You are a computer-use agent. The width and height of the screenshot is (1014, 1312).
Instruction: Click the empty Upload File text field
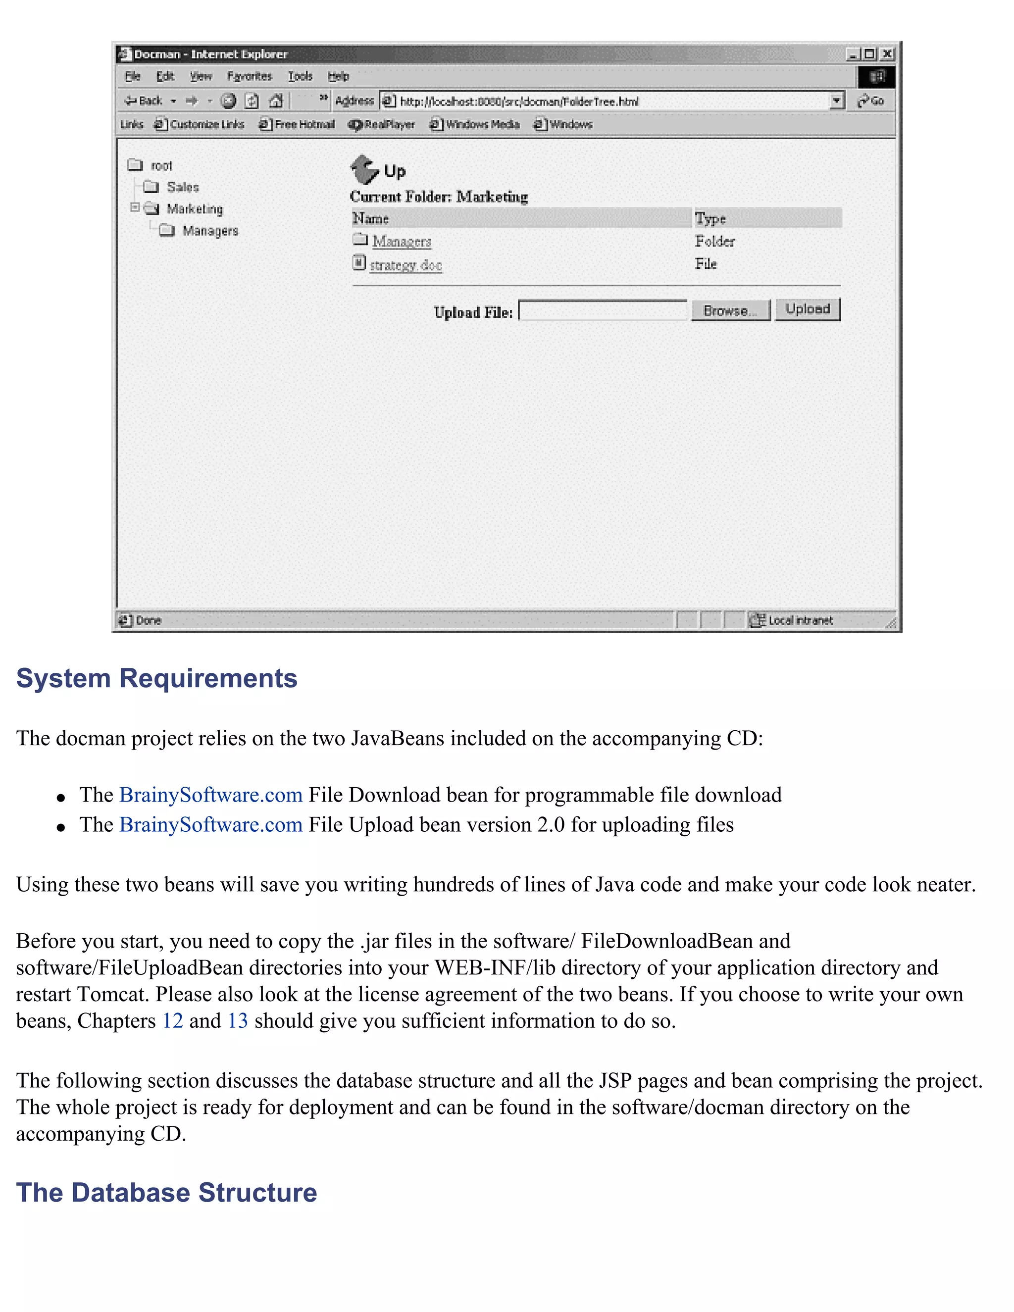tap(603, 310)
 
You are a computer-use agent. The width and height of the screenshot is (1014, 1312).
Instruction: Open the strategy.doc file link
tap(406, 265)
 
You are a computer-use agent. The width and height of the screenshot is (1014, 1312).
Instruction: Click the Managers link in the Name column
tap(401, 242)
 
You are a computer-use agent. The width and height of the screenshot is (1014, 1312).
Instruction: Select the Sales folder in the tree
tap(182, 187)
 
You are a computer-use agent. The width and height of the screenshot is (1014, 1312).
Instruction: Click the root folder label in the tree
tap(161, 165)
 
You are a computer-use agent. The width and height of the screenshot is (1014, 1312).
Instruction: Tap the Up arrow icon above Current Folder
tap(364, 169)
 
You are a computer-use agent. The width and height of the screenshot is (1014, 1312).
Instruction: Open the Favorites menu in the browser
tap(250, 76)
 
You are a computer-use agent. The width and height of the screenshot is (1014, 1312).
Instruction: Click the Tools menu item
tap(300, 76)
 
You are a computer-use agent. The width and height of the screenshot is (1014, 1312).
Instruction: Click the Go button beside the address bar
tap(871, 101)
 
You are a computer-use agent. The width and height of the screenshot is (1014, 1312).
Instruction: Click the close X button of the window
tap(887, 54)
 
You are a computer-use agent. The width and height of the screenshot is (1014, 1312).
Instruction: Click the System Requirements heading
tap(157, 678)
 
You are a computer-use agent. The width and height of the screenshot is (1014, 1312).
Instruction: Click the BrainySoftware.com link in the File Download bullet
tap(210, 795)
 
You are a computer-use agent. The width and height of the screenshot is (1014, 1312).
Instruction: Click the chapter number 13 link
tap(237, 1021)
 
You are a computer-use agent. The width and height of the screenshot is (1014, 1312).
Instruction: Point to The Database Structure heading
tap(166, 1193)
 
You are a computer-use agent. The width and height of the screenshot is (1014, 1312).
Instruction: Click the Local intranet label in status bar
tap(800, 620)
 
